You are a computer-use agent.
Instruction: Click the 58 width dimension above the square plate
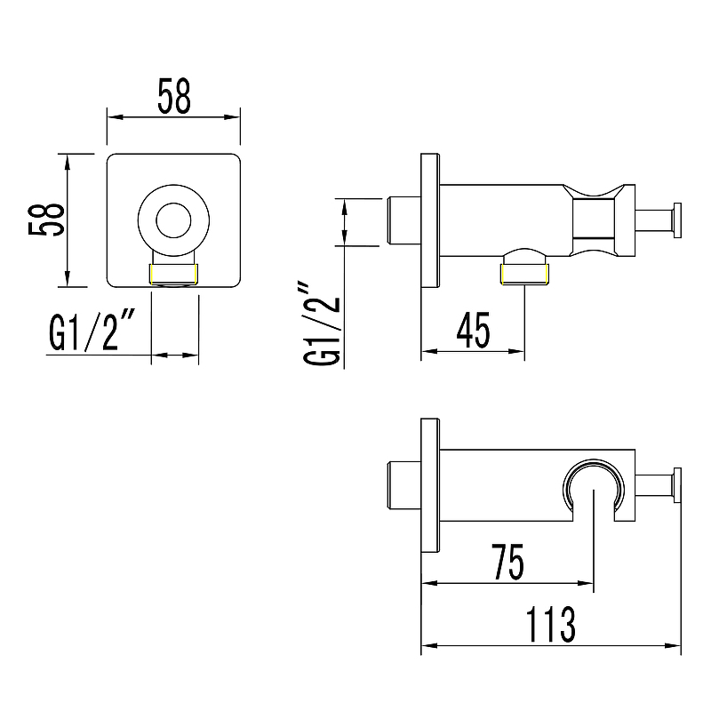(174, 96)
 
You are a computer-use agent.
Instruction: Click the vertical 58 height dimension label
(46, 220)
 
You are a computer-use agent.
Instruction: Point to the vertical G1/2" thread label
(322, 324)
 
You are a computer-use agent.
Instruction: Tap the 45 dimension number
(474, 330)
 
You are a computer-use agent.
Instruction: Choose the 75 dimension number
(507, 562)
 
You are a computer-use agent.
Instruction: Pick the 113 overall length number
(551, 624)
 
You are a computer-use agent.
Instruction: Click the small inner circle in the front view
(173, 220)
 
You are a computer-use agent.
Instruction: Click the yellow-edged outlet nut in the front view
(173, 275)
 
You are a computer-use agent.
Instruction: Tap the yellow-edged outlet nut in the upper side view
(524, 275)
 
